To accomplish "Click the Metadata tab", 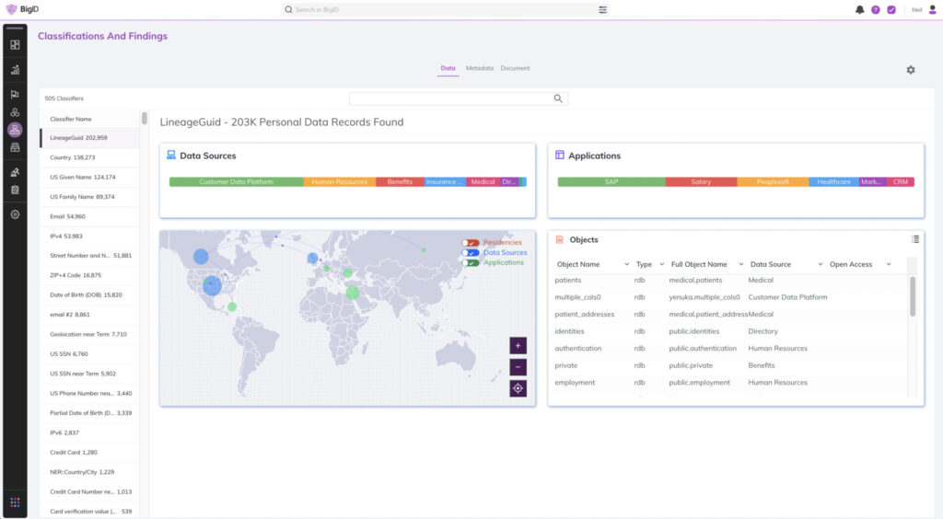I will (479, 68).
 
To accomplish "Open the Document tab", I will (515, 68).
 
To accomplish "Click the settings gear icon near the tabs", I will (911, 70).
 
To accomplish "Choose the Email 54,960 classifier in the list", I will (68, 216).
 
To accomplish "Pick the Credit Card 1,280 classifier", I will (74, 452).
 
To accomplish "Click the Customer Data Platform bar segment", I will (237, 182).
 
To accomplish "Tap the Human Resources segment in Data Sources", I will (340, 182).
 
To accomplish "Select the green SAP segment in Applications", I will (611, 182).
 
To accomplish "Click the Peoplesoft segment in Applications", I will (773, 182).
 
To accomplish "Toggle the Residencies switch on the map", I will (471, 243).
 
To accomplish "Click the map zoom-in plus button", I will (518, 346).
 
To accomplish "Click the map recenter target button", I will (518, 388).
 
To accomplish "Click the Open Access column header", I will (851, 264).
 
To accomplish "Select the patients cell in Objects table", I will (568, 280).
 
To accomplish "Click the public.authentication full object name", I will (703, 349).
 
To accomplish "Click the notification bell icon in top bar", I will (860, 9).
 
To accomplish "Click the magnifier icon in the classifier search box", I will (557, 98).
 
